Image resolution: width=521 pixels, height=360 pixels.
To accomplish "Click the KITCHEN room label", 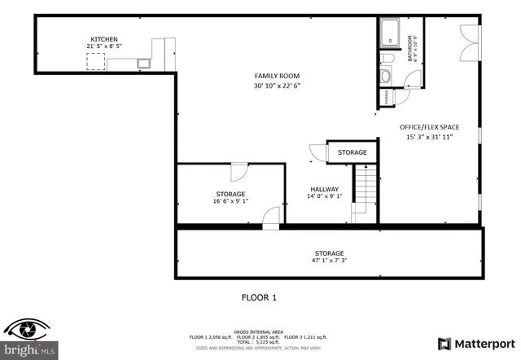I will coord(103,39).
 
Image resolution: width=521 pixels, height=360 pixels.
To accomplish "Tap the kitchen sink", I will coord(145,61).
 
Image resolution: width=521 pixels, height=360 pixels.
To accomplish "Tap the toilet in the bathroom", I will coord(386,75).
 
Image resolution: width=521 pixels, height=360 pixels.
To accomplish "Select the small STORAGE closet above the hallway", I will coord(352,152).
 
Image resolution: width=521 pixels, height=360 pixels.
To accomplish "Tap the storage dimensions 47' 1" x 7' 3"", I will coord(330,261).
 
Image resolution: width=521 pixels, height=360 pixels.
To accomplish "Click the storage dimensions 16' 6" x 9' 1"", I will coord(230,201).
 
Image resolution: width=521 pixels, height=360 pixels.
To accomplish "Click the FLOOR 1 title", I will coord(260,297).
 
